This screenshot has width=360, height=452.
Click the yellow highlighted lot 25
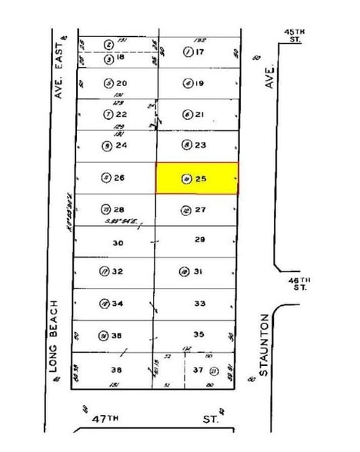[197, 178]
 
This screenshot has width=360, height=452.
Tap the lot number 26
[120, 177]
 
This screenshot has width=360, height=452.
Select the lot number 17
[201, 52]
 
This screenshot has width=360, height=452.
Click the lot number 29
[200, 240]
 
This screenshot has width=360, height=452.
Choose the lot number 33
[200, 303]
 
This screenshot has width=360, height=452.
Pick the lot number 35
[199, 334]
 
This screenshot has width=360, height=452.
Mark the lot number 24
[120, 145]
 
